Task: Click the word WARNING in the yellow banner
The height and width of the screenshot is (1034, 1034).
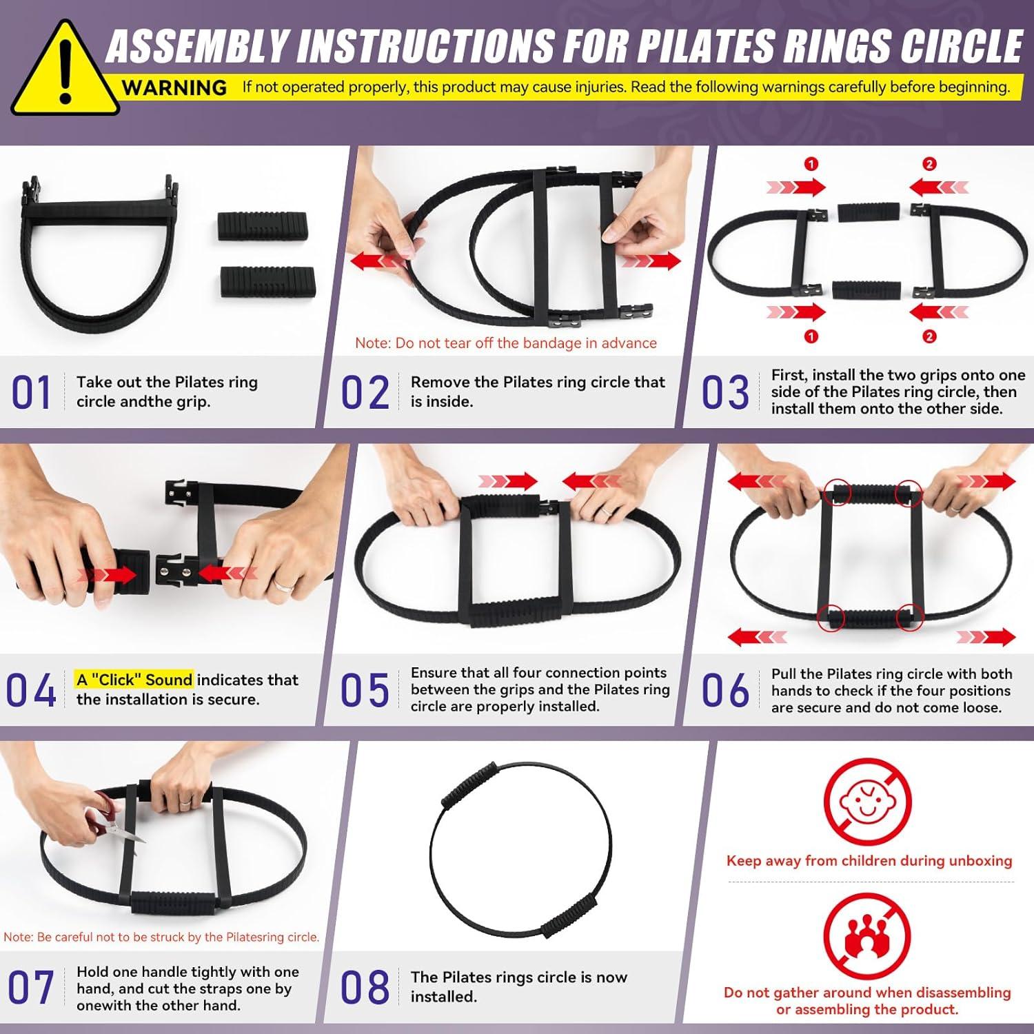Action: (x=174, y=88)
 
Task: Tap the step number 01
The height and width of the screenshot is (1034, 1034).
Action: (x=31, y=393)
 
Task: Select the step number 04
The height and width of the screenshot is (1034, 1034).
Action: (x=31, y=691)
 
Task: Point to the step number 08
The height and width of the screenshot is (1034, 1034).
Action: (x=365, y=987)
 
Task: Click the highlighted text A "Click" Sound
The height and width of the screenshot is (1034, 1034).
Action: (x=134, y=680)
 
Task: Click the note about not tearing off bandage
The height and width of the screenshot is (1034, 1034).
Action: (x=505, y=343)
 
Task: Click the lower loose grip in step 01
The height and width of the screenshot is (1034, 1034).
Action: (x=267, y=283)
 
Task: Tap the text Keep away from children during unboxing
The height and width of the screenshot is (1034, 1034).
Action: (x=869, y=860)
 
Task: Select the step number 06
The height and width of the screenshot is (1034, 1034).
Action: (x=725, y=691)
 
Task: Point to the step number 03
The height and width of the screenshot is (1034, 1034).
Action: (x=725, y=393)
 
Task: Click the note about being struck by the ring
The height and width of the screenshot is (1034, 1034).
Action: (x=161, y=937)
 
